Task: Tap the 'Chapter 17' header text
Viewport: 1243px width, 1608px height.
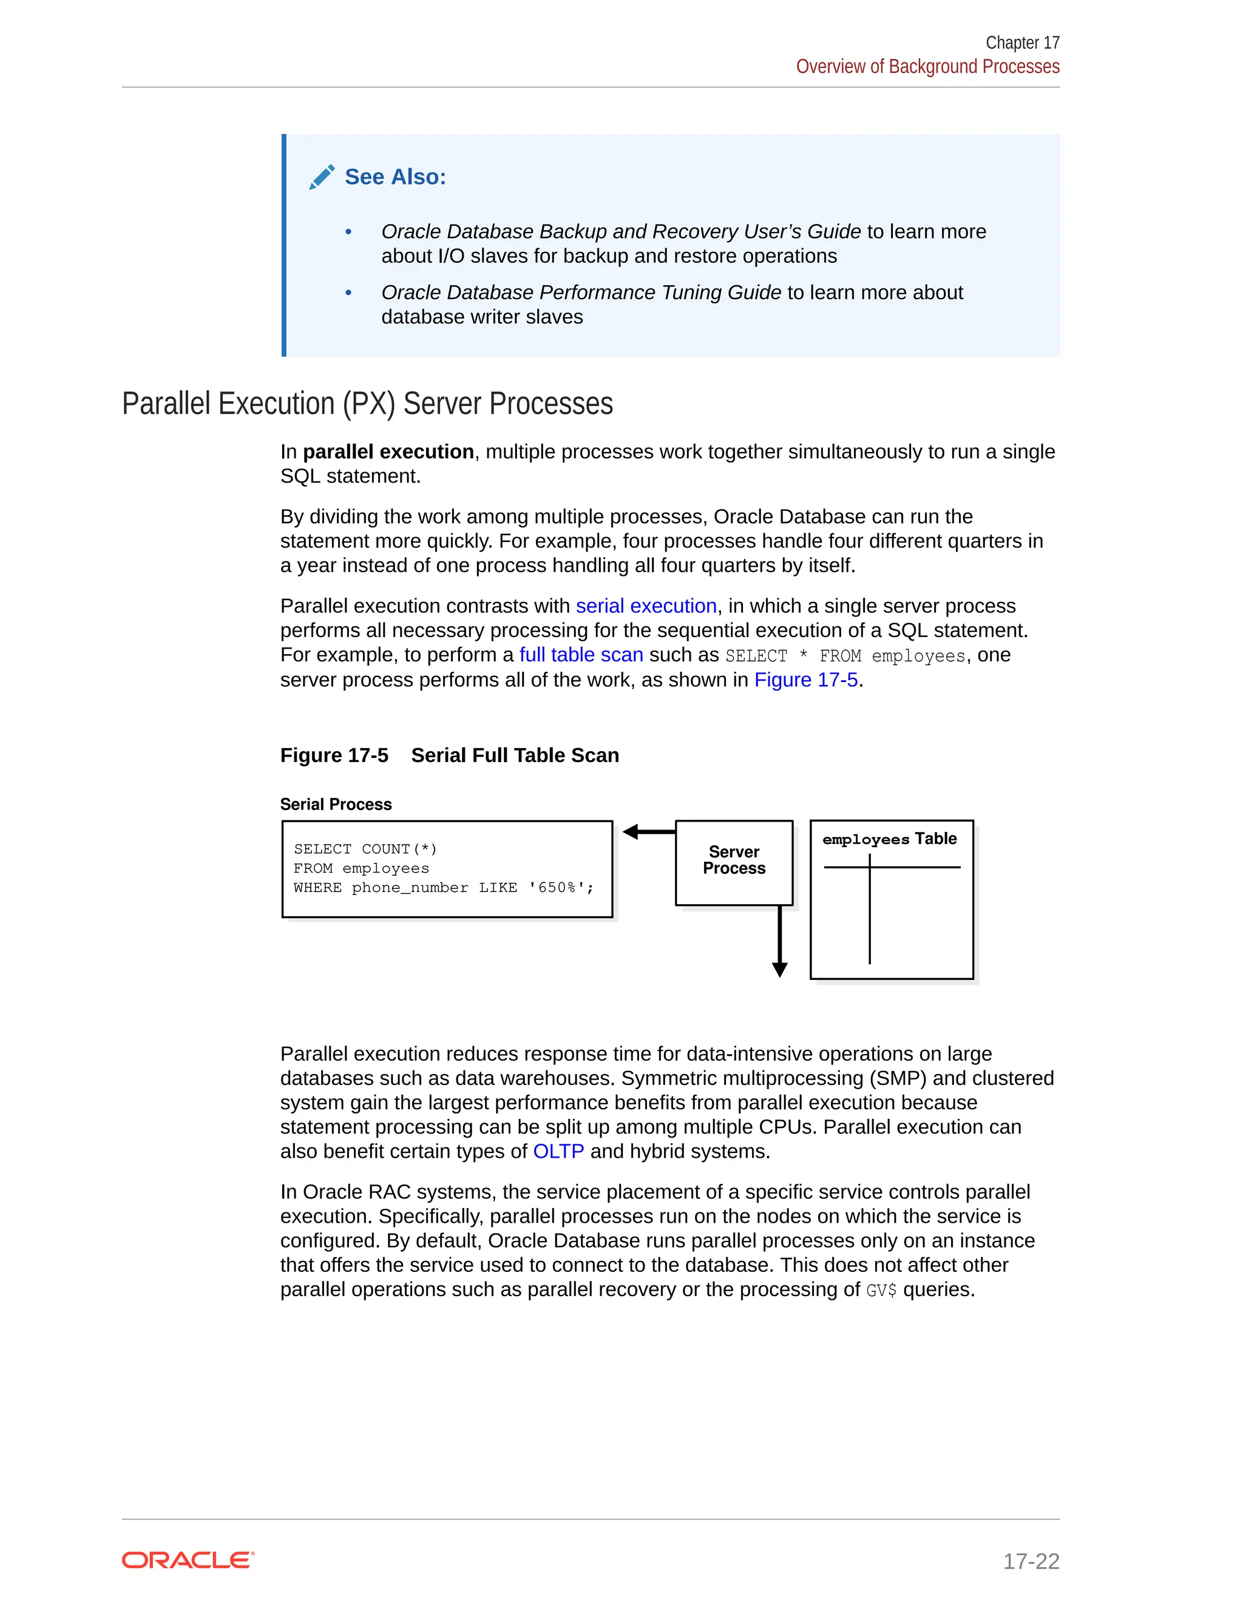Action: [x=1021, y=42]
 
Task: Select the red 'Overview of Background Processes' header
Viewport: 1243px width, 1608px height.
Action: [x=927, y=67]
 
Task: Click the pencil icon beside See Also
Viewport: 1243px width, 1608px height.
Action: [x=322, y=177]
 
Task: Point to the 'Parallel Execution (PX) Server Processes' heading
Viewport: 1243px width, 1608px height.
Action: [x=367, y=404]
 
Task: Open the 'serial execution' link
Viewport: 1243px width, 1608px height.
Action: [x=646, y=606]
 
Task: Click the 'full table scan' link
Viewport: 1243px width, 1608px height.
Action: [x=581, y=655]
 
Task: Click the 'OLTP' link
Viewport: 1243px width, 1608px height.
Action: [x=558, y=1150]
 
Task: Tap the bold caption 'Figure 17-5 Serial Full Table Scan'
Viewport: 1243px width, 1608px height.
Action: [x=449, y=755]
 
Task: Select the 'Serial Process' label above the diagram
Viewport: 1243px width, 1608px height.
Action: [x=336, y=804]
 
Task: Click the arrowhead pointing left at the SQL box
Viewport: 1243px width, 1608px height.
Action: [x=631, y=832]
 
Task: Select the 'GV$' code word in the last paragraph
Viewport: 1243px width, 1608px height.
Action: [x=881, y=1291]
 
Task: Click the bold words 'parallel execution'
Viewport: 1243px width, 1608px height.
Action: [x=388, y=451]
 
